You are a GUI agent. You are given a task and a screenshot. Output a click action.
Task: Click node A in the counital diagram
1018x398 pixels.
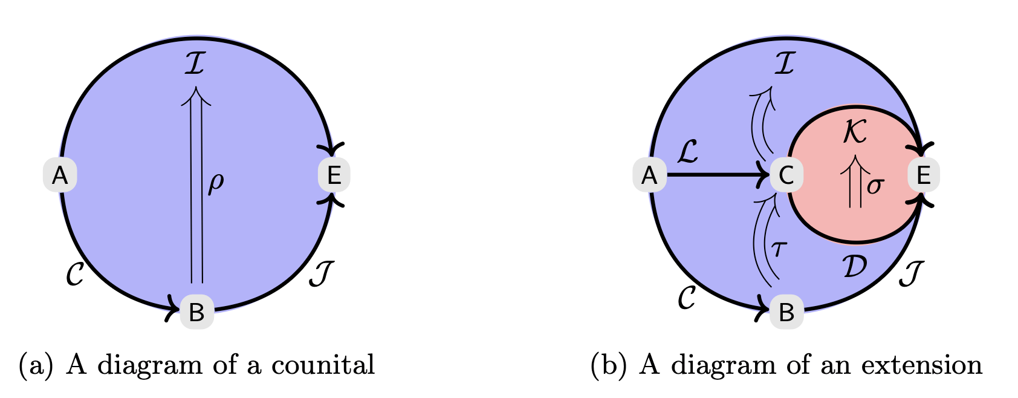click(60, 175)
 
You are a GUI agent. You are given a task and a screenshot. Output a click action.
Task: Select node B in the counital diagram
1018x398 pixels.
click(196, 312)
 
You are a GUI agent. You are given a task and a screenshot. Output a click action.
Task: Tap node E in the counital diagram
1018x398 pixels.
click(334, 175)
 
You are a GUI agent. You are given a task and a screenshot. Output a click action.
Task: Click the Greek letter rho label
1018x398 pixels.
click(216, 183)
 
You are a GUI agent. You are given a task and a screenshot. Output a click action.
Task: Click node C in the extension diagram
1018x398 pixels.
click(786, 175)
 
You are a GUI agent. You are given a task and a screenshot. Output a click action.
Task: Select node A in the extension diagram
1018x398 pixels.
click(649, 175)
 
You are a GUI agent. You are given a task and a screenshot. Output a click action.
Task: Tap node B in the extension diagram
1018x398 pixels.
click(786, 312)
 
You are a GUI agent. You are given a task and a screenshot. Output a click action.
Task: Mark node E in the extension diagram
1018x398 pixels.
click(923, 175)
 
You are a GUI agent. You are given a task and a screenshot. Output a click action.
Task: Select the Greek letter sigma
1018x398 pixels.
click(875, 186)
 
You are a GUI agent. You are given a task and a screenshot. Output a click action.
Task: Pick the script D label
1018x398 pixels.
click(854, 266)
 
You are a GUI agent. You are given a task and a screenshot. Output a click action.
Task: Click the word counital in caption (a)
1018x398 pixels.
click(323, 365)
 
